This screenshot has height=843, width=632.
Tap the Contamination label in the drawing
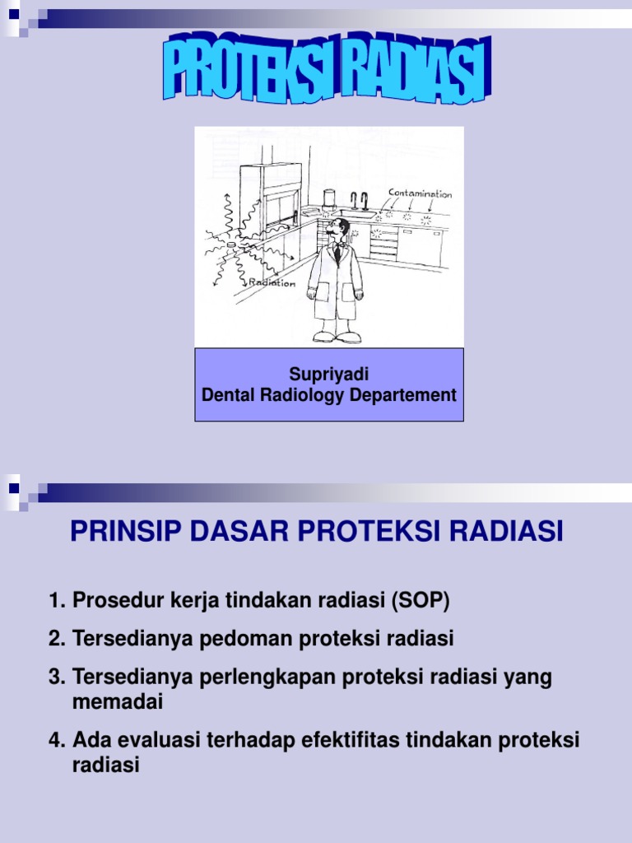coord(420,195)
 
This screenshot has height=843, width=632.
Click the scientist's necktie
coord(337,254)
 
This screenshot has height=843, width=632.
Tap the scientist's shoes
coord(337,337)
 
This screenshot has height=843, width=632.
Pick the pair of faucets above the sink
coord(358,200)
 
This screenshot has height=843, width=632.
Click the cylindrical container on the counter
coord(329,198)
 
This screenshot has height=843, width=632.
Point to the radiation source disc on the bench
coord(231,245)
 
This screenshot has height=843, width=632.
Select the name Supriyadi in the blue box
coord(328,375)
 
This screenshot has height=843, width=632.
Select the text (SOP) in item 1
coord(422,601)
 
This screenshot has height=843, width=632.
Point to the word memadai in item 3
coord(118,702)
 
